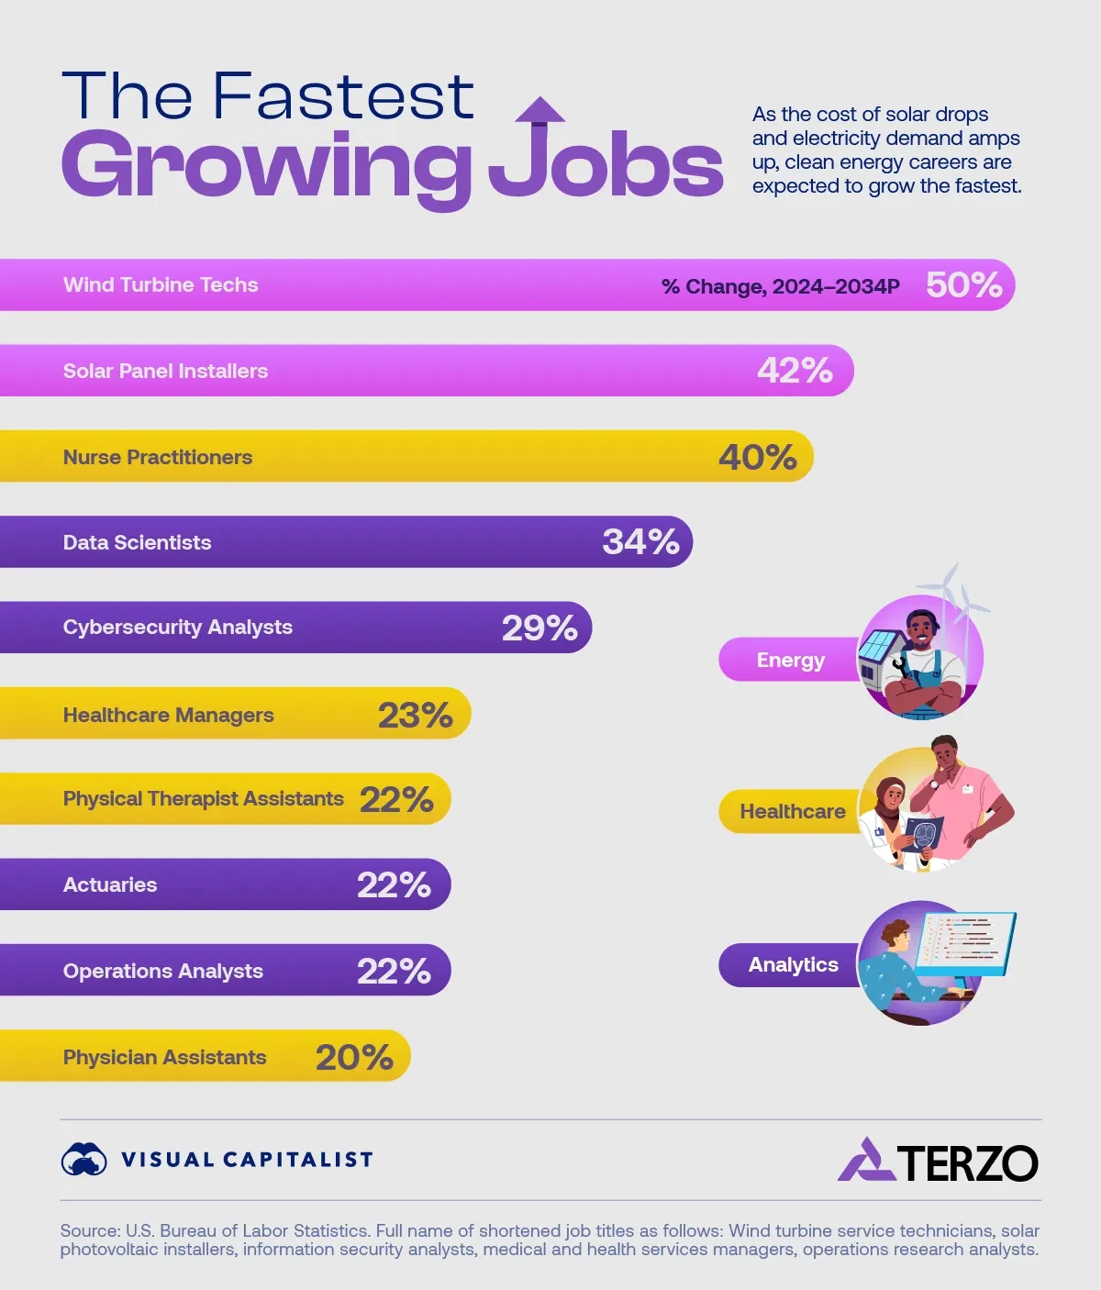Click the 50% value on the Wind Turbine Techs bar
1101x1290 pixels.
(963, 284)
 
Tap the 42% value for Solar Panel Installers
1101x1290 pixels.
(795, 371)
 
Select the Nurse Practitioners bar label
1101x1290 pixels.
(158, 457)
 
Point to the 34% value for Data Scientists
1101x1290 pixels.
(640, 541)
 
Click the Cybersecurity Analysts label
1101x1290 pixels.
(178, 628)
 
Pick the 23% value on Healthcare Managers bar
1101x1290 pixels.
(416, 715)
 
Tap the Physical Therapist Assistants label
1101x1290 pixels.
(203, 799)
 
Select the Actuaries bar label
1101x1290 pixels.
(110, 884)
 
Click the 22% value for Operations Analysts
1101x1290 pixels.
(394, 971)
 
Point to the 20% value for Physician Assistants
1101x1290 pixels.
(354, 1057)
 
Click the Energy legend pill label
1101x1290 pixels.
(790, 660)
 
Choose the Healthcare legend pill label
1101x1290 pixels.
(793, 811)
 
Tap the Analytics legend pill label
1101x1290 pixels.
(793, 964)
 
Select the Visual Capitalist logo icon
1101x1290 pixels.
(83, 1159)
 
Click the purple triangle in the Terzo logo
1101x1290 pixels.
(865, 1161)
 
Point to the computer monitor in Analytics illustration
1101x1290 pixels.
(965, 943)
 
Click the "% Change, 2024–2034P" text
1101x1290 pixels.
(780, 286)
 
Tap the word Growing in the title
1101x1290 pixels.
(266, 167)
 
